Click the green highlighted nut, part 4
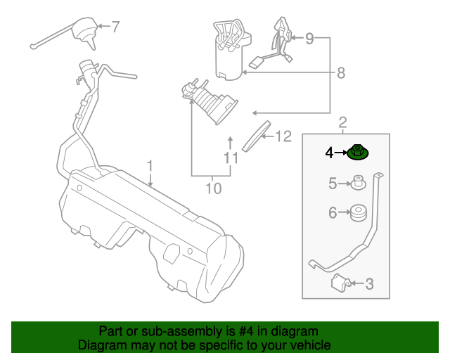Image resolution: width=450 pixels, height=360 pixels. tap(359, 152)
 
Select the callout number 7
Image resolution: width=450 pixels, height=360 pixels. tap(115, 27)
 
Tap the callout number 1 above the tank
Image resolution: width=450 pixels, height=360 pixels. tap(150, 166)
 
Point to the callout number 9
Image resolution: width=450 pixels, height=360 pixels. tap(309, 39)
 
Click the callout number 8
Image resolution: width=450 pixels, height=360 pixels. tap(341, 72)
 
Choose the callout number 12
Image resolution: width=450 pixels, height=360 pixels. tap(283, 136)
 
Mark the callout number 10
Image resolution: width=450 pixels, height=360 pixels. tap(213, 188)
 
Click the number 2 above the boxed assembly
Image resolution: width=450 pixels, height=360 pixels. tap(342, 123)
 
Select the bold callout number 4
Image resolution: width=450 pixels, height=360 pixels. tap(329, 151)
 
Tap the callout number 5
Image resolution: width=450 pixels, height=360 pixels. tap(333, 184)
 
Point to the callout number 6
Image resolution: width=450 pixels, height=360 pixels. tap(333, 212)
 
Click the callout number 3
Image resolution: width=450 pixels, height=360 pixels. tap(370, 284)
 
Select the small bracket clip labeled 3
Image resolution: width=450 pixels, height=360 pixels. tap(340, 283)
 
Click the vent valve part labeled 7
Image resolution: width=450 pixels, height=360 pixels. tap(86, 32)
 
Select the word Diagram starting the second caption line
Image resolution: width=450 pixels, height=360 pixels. tap(101, 345)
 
